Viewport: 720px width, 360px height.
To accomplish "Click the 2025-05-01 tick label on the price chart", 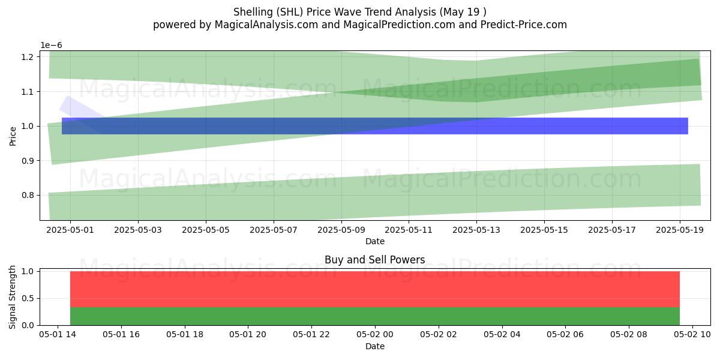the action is pyautogui.click(x=70, y=230).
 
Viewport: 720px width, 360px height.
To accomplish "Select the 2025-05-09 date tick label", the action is pyautogui.click(x=341, y=230).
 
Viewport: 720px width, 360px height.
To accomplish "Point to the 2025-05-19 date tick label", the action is pyautogui.click(x=680, y=230).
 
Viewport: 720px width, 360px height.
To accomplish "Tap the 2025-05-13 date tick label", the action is pyautogui.click(x=476, y=230).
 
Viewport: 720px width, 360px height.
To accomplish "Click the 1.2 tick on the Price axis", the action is pyautogui.click(x=28, y=57).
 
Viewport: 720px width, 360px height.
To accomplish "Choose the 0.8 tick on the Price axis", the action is pyautogui.click(x=28, y=196).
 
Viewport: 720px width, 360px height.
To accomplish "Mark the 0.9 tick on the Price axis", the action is pyautogui.click(x=28, y=161).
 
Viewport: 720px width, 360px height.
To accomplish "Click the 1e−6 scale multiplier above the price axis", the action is pyautogui.click(x=51, y=46).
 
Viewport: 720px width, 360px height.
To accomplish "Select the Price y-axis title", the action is pyautogui.click(x=13, y=137).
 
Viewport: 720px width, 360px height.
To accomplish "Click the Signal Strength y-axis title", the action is pyautogui.click(x=12, y=297).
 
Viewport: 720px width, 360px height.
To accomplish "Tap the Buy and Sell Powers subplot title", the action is pyautogui.click(x=375, y=260).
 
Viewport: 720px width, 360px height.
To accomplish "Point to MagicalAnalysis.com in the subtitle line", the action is pyautogui.click(x=266, y=25).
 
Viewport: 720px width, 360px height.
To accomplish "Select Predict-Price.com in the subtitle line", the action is pyautogui.click(x=524, y=25).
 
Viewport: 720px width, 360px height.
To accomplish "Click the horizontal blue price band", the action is pyautogui.click(x=375, y=126).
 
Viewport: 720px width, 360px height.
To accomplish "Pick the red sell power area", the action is pyautogui.click(x=375, y=289).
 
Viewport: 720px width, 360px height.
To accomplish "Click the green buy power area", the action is pyautogui.click(x=375, y=316).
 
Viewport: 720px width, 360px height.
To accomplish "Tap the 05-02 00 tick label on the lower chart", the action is pyautogui.click(x=375, y=335).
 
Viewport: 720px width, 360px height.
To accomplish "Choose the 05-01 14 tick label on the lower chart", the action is pyautogui.click(x=58, y=335).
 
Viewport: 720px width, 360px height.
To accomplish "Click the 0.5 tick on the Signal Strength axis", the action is pyautogui.click(x=28, y=299).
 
